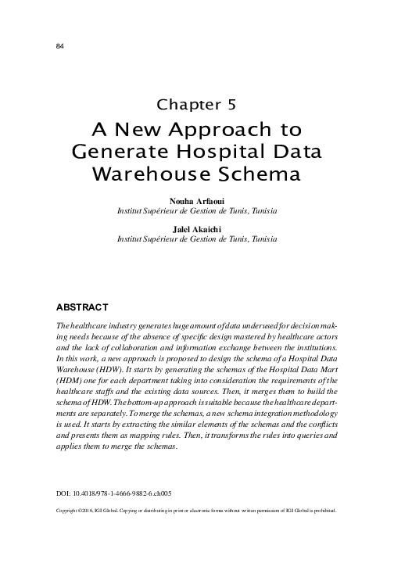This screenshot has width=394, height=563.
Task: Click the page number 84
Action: [60, 46]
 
